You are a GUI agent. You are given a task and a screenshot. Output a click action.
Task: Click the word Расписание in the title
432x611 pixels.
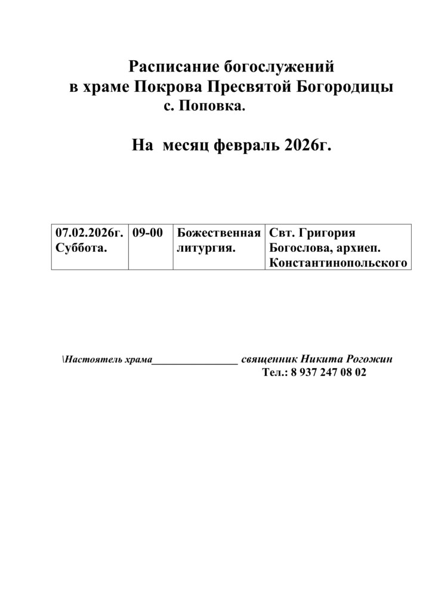tap(169, 66)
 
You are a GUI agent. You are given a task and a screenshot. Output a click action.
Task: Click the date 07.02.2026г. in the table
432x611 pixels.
tap(89, 232)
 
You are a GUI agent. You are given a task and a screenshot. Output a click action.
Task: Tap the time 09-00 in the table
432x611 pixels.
tap(148, 232)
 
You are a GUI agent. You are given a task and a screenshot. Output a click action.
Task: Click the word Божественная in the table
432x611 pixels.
tap(219, 232)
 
